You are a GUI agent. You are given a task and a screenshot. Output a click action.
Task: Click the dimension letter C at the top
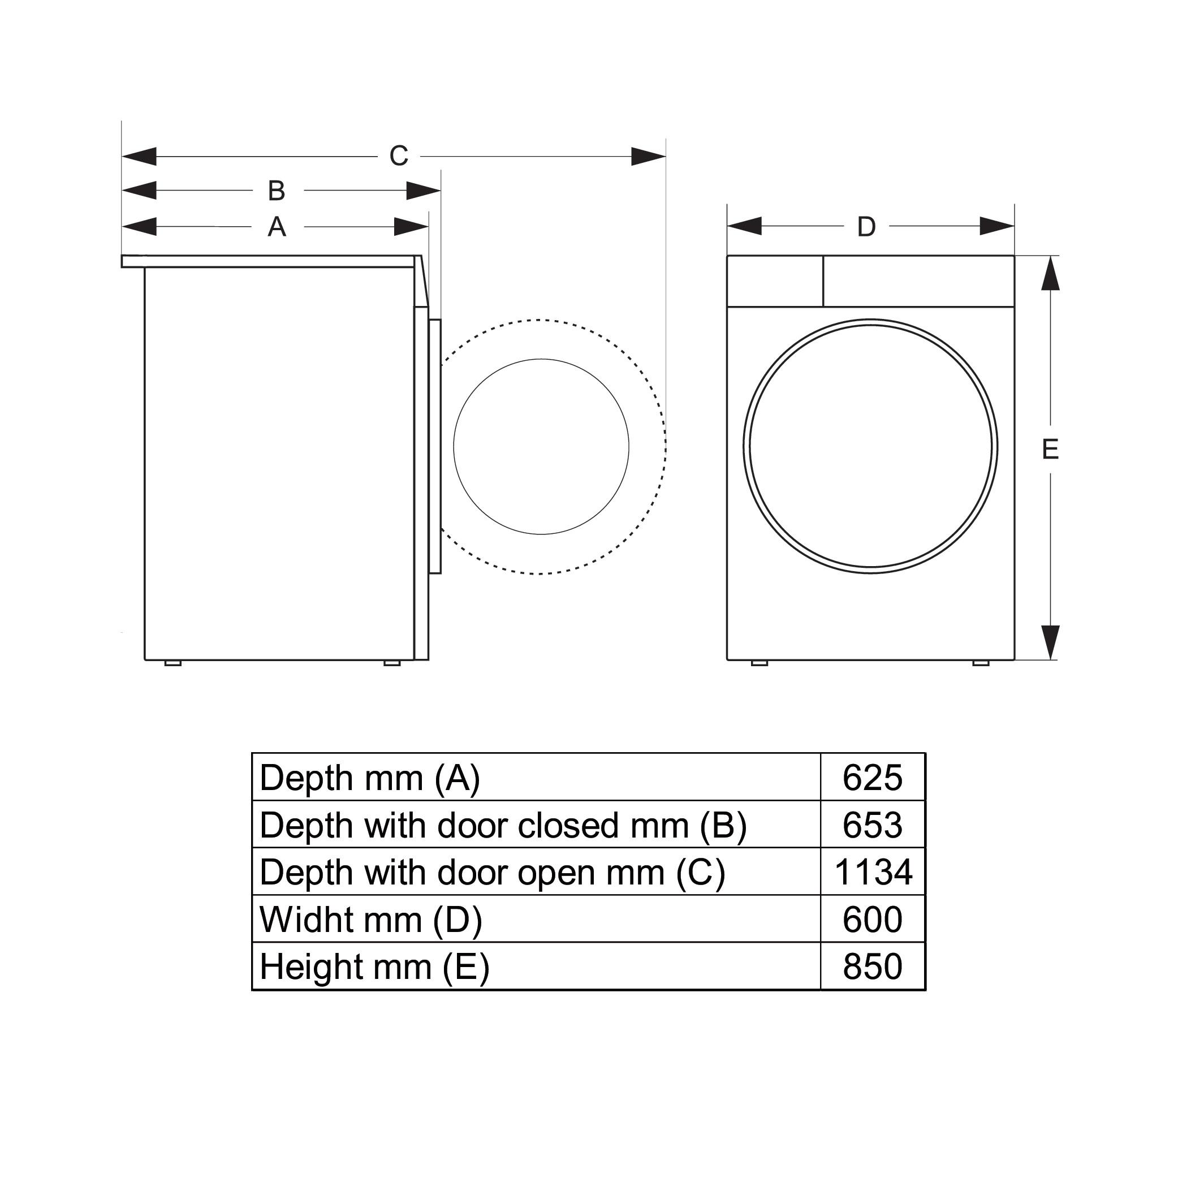(399, 156)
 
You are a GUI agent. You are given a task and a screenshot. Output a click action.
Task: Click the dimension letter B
(277, 191)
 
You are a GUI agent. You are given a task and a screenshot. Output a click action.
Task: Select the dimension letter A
(277, 227)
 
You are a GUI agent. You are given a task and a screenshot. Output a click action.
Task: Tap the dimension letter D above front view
(866, 227)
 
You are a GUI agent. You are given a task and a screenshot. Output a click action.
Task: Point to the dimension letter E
(1050, 450)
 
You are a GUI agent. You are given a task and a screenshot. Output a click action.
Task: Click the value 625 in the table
(873, 778)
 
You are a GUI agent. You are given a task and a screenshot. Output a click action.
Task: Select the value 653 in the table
(873, 825)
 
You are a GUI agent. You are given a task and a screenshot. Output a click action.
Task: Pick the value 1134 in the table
(873, 873)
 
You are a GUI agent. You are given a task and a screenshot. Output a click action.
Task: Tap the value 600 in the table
(873, 920)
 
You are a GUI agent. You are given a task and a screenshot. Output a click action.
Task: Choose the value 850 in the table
(873, 967)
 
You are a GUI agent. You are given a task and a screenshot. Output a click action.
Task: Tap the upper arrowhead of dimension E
(1050, 273)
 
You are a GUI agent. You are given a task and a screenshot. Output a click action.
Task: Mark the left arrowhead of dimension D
(744, 226)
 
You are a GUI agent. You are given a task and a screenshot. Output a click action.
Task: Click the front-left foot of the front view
(759, 663)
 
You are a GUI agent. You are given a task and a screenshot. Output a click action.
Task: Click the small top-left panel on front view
(775, 281)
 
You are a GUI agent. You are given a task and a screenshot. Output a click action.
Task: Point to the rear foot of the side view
(172, 663)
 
